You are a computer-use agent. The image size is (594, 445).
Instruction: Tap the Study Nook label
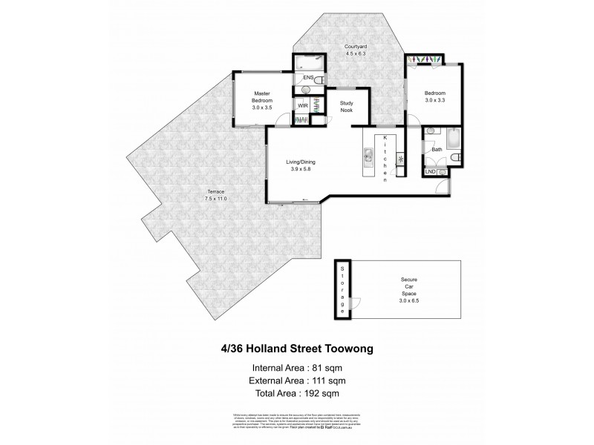pos(345,107)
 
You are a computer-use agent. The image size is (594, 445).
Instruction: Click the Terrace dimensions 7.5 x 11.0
pos(215,199)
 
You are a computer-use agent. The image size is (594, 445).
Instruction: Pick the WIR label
pos(302,107)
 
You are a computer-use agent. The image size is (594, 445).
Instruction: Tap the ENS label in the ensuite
pos(307,77)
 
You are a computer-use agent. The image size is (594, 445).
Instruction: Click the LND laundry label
pos(430,172)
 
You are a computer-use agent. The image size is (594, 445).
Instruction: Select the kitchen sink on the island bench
pos(367,157)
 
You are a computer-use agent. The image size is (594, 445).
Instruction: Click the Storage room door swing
pos(356,303)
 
